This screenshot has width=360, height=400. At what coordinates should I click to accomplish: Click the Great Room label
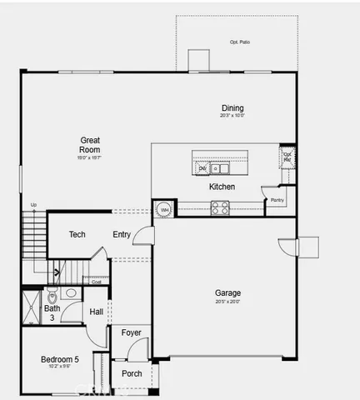click(90, 144)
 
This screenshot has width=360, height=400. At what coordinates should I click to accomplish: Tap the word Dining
click(232, 107)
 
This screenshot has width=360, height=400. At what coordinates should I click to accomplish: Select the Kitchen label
click(222, 187)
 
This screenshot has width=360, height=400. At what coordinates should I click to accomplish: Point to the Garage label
click(227, 292)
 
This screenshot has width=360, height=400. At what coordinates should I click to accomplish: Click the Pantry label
click(277, 200)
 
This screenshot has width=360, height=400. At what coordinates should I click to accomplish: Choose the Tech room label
click(77, 234)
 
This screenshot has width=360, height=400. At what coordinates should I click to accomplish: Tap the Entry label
click(122, 234)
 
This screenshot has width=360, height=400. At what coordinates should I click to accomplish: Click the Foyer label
click(131, 332)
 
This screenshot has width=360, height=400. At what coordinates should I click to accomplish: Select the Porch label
click(132, 373)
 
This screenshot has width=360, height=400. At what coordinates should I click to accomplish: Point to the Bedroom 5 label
click(59, 359)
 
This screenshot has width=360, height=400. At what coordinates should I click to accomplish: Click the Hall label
click(97, 312)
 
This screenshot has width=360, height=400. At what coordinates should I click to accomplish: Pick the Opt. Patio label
click(240, 42)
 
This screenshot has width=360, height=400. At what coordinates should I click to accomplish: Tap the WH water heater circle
click(164, 208)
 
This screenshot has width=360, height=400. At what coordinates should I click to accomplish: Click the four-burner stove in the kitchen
click(220, 208)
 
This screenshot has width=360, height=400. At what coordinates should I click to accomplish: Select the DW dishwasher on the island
click(202, 168)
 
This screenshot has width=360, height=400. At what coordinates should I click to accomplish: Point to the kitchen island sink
click(220, 168)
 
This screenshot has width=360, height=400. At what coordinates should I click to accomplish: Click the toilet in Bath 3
click(52, 296)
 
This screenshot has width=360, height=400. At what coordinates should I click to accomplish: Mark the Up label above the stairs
click(33, 205)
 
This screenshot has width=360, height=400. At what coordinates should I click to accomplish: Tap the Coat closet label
click(97, 282)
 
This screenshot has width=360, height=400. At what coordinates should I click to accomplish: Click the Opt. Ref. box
click(287, 156)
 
